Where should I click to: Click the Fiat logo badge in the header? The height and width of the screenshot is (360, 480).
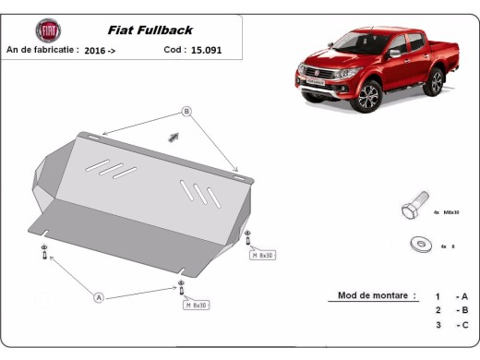[x=45, y=30]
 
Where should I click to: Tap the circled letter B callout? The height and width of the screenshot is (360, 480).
[x=186, y=112]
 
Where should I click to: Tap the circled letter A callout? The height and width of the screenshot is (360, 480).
[x=99, y=296]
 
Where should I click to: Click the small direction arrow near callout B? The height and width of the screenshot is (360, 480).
[x=172, y=137]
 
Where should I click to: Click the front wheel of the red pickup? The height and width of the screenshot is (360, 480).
[x=370, y=95]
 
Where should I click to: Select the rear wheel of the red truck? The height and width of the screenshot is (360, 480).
[x=433, y=83]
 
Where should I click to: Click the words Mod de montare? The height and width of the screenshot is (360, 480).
[x=368, y=296]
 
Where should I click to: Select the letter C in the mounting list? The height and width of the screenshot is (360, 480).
[x=465, y=325]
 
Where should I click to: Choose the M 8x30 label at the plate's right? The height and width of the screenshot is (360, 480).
[x=263, y=254]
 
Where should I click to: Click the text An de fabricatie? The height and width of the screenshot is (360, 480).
[x=42, y=51]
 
